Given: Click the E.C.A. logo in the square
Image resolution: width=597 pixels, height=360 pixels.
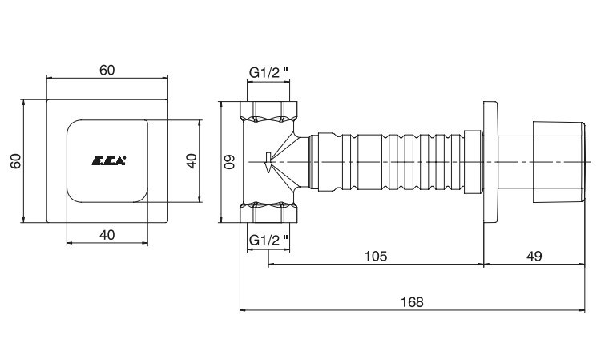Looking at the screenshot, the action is pyautogui.click(x=108, y=161).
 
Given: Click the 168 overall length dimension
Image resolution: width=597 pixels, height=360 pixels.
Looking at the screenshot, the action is pyautogui.click(x=412, y=302).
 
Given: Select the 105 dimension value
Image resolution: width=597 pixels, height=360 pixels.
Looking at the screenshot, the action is pyautogui.click(x=376, y=256).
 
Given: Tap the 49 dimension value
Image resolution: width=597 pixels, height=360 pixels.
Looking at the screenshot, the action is pyautogui.click(x=534, y=256).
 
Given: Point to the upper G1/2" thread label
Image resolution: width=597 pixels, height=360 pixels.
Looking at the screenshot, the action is pyautogui.click(x=268, y=72).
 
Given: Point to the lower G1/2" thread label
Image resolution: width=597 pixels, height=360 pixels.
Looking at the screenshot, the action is pyautogui.click(x=268, y=240).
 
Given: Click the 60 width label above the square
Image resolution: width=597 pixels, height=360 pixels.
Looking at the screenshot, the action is pyautogui.click(x=107, y=70).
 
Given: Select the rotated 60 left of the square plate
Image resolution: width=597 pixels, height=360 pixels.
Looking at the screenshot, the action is pyautogui.click(x=15, y=161).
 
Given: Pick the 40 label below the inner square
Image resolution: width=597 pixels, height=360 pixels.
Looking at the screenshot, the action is pyautogui.click(x=107, y=235).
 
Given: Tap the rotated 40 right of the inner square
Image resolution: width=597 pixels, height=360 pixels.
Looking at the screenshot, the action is pyautogui.click(x=192, y=161).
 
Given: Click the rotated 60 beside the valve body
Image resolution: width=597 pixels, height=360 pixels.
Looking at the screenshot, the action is pyautogui.click(x=230, y=161).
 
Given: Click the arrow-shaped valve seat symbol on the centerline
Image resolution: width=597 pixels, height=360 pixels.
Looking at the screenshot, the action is pyautogui.click(x=268, y=163).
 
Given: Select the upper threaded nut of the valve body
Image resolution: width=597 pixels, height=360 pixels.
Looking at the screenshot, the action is pyautogui.click(x=268, y=111).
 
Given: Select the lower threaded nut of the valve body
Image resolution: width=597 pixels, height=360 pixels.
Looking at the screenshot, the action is pyautogui.click(x=268, y=212).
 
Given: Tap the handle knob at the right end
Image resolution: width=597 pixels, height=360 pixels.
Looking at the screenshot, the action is pyautogui.click(x=559, y=161).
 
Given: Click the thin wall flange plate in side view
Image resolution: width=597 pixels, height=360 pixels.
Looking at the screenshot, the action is pyautogui.click(x=490, y=161).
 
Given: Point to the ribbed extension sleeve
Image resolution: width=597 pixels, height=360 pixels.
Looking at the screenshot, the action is pyautogui.click(x=391, y=161).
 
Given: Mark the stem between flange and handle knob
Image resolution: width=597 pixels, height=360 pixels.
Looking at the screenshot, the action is pyautogui.click(x=515, y=161).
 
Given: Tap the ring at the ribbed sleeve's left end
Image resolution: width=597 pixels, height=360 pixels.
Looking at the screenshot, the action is pyautogui.click(x=330, y=161).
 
